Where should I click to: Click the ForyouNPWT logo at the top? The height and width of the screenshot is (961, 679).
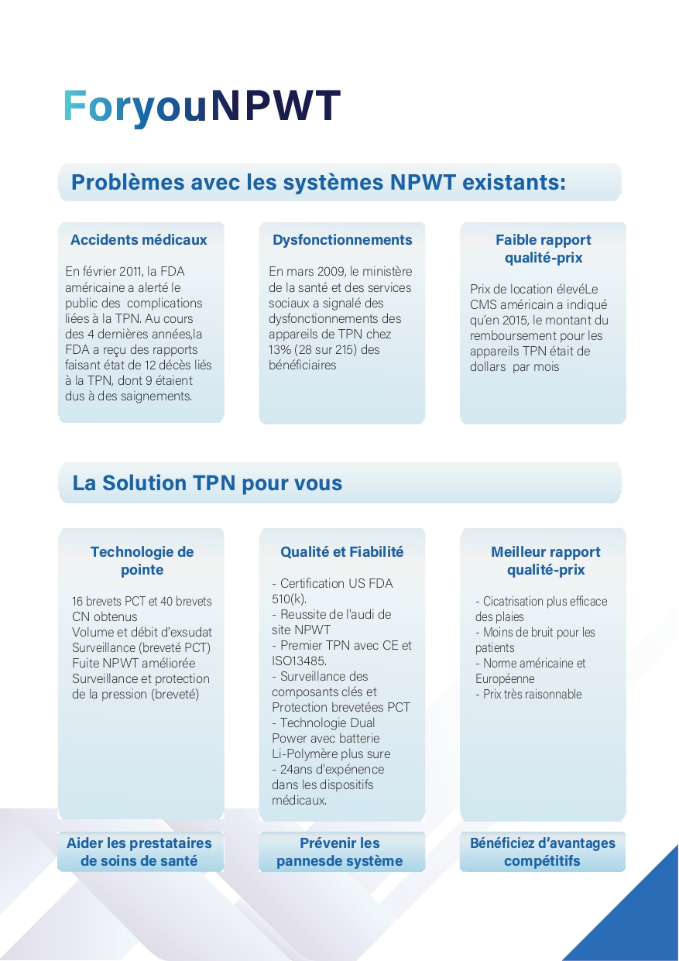(201, 106)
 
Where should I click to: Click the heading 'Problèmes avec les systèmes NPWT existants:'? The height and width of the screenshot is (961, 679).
(318, 183)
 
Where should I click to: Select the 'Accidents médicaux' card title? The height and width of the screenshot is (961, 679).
(139, 240)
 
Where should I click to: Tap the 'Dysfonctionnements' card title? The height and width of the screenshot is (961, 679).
(342, 240)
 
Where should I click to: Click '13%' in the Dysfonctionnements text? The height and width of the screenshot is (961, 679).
(279, 349)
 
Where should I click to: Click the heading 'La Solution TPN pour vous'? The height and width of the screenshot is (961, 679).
(207, 483)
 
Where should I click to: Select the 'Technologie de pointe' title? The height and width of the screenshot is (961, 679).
(142, 561)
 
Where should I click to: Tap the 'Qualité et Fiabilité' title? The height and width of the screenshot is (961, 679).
(341, 552)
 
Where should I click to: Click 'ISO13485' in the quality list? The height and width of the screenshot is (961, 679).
(298, 661)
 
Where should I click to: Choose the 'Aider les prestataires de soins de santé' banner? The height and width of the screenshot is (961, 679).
(139, 852)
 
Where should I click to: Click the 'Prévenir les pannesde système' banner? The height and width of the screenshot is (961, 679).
(340, 852)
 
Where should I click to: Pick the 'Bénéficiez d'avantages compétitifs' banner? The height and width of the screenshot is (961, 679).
(543, 852)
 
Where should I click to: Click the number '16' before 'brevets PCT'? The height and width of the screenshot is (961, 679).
(77, 602)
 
